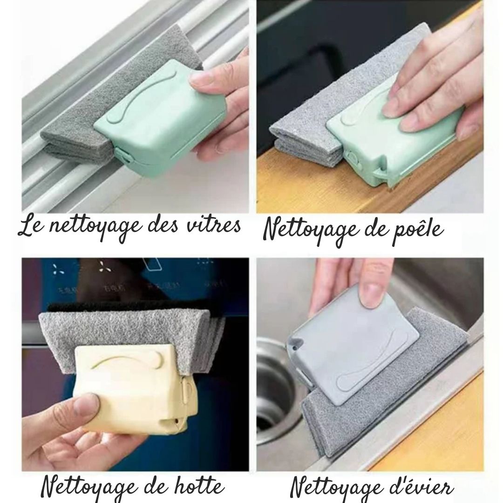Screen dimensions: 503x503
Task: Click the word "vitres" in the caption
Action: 216,226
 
